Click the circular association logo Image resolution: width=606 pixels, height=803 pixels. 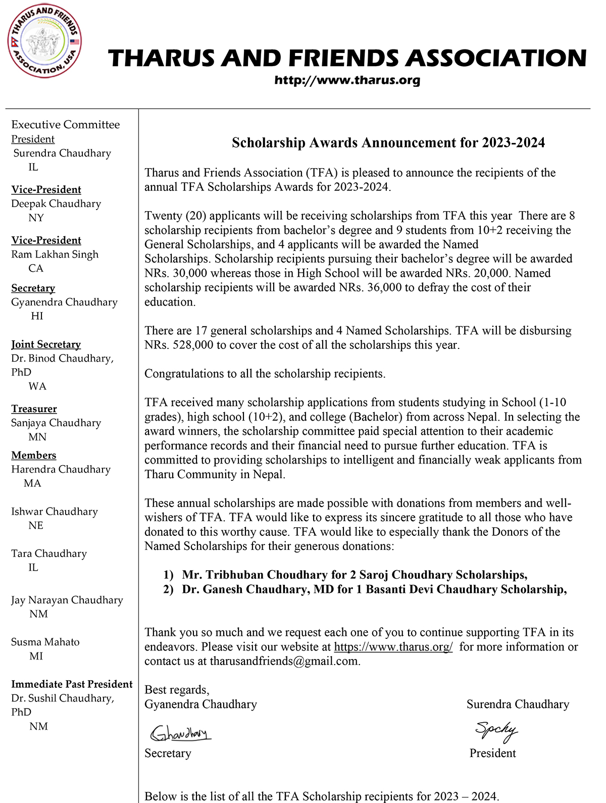tap(44, 41)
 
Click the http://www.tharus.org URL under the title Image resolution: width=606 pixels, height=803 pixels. tap(347, 80)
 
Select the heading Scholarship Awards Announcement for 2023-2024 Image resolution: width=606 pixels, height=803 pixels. tap(388, 143)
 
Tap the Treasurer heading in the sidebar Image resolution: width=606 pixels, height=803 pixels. tap(34, 409)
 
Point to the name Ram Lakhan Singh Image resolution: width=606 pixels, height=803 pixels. tap(55, 255)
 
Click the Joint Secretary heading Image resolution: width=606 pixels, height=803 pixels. tap(46, 344)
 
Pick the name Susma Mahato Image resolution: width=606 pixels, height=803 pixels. tap(45, 642)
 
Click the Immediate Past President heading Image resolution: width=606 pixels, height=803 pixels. tap(72, 684)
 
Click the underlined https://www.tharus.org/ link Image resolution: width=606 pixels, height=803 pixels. tap(393, 647)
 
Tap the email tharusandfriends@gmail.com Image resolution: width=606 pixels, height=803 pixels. tap(284, 662)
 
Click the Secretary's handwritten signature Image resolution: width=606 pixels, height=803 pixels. tap(180, 733)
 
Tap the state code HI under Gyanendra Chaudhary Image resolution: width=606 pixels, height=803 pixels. tap(37, 316)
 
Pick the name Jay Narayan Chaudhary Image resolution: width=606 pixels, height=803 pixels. tap(67, 600)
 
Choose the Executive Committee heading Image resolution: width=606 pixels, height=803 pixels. tap(66, 125)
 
